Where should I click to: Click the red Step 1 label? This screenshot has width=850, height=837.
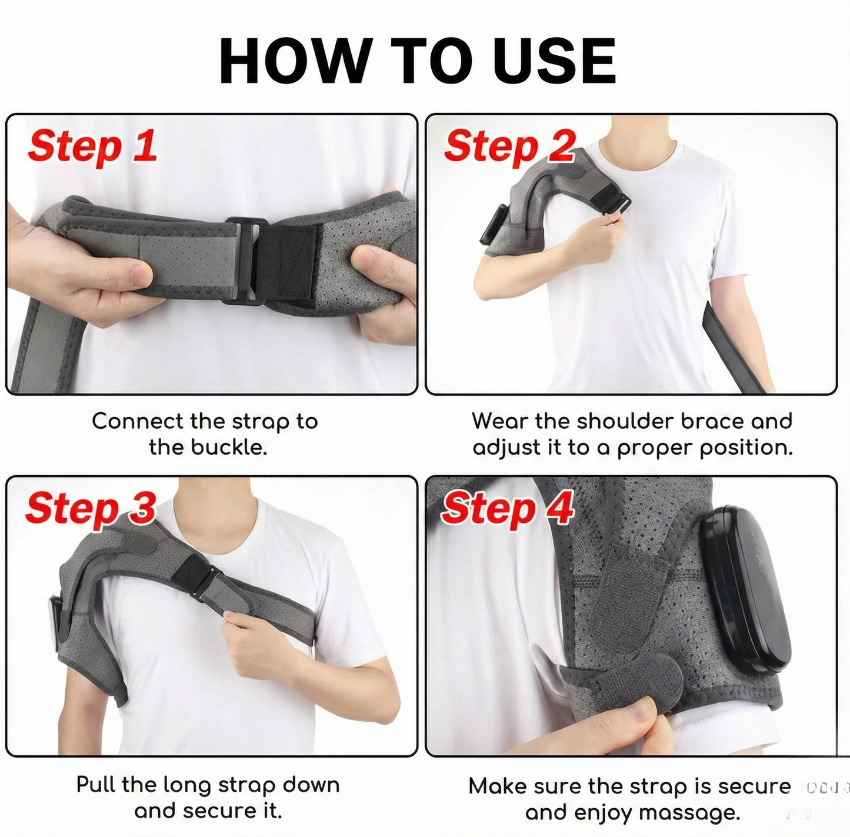tap(93, 145)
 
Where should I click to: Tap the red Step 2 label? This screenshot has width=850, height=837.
tap(509, 145)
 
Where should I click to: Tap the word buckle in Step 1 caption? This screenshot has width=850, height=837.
tap(230, 448)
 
